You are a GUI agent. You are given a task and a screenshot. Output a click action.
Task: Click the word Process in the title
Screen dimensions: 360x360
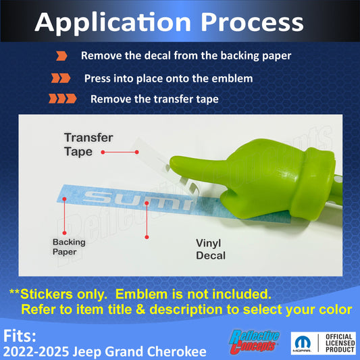click(x=252, y=22)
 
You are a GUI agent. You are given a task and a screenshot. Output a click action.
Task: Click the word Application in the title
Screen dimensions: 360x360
click(x=113, y=24)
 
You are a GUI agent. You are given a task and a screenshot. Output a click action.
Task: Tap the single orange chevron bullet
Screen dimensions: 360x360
click(x=61, y=56)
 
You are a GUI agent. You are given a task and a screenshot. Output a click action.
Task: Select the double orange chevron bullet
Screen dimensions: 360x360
click(x=61, y=78)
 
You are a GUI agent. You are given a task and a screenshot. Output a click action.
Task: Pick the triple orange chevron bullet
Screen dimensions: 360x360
click(x=62, y=99)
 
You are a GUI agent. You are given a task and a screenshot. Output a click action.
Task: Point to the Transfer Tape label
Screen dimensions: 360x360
click(x=88, y=145)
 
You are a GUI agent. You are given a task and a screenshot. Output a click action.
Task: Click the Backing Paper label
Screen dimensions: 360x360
click(x=69, y=247)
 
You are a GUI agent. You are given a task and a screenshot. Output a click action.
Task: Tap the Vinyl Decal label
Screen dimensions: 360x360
click(x=211, y=249)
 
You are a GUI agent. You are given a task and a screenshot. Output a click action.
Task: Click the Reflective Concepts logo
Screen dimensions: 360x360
click(x=254, y=341)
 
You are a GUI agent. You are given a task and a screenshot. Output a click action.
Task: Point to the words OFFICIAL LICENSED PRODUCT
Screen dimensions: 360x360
click(x=340, y=343)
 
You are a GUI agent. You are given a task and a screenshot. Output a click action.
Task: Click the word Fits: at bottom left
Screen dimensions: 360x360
click(x=20, y=336)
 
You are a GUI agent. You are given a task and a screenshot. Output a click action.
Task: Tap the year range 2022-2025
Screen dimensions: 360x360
click(x=36, y=351)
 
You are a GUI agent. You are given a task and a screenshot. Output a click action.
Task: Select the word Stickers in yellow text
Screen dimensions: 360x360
click(x=47, y=294)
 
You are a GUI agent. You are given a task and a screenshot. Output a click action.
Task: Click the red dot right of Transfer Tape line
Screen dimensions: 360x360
click(x=137, y=152)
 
